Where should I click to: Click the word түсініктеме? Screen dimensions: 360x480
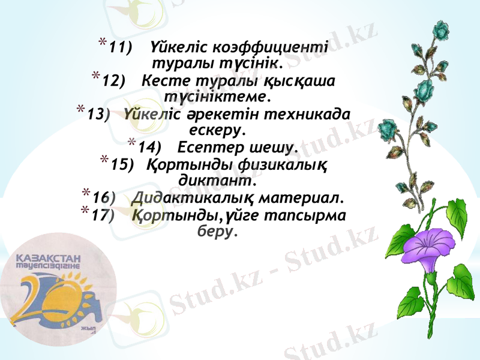tap(217, 95)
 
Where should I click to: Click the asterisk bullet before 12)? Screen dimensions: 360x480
tap(96, 76)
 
